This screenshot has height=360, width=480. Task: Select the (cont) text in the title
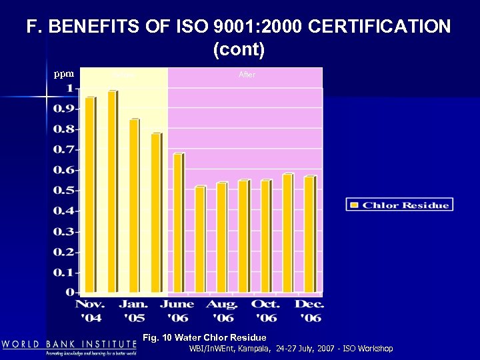pos(239,49)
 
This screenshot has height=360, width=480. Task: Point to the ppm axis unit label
pos(64,74)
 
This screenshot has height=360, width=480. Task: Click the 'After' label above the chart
pos(247,75)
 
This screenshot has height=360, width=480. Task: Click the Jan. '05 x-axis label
pos(133,311)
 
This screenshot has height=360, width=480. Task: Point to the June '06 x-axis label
pos(178,311)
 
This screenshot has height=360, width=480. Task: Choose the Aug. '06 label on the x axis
pos(222,311)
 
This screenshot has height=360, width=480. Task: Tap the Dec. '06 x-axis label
pos(309,311)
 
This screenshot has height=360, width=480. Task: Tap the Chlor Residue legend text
pos(405,205)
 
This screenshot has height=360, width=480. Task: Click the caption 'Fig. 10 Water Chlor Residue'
pos(205,338)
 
